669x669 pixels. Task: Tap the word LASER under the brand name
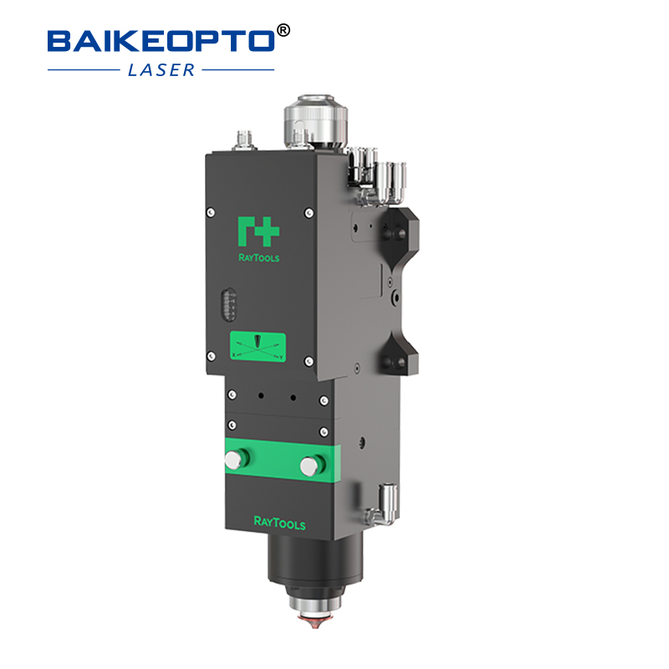pos(161,69)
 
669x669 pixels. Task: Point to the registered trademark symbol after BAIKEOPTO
pos(283,30)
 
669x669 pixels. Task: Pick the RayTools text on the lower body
pos(279,524)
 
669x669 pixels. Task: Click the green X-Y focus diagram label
pos(258,347)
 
